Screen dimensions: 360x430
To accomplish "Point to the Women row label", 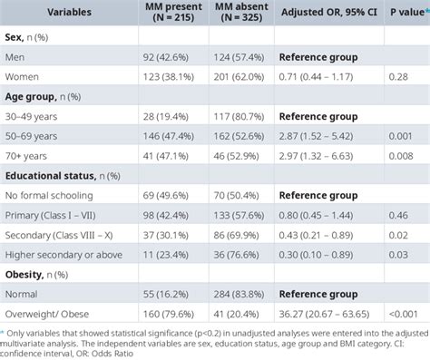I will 27,78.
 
